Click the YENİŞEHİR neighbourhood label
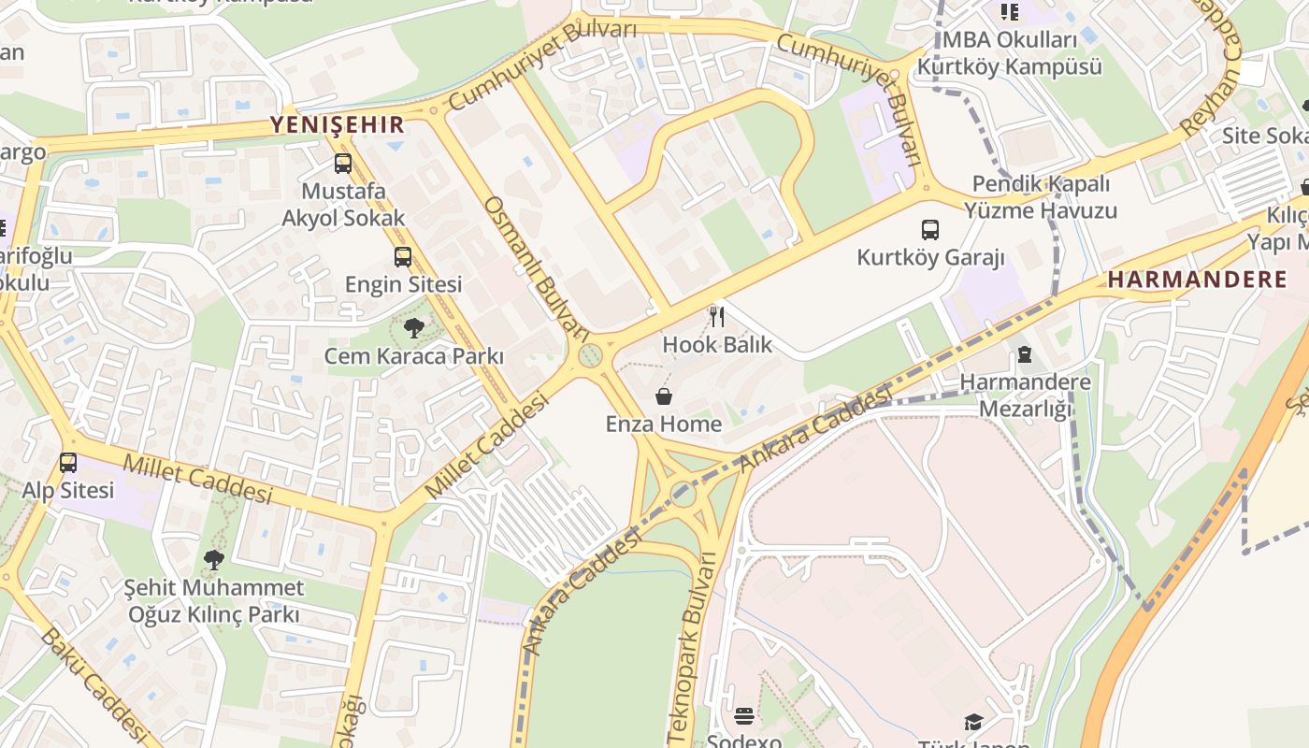338,124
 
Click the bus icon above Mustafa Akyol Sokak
343,164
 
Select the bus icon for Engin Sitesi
403,256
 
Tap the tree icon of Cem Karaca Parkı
413,328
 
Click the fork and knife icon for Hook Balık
717,316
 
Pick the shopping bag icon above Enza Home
664,396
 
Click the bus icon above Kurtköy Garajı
930,229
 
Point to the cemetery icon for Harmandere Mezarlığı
1025,354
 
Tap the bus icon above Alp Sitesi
68,462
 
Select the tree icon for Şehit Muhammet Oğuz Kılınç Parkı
214,560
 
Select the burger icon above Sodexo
744,716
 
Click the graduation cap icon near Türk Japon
973,722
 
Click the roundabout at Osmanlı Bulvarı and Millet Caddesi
590,356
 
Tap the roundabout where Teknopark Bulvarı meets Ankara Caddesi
683,494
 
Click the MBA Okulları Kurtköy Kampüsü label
1009,53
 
